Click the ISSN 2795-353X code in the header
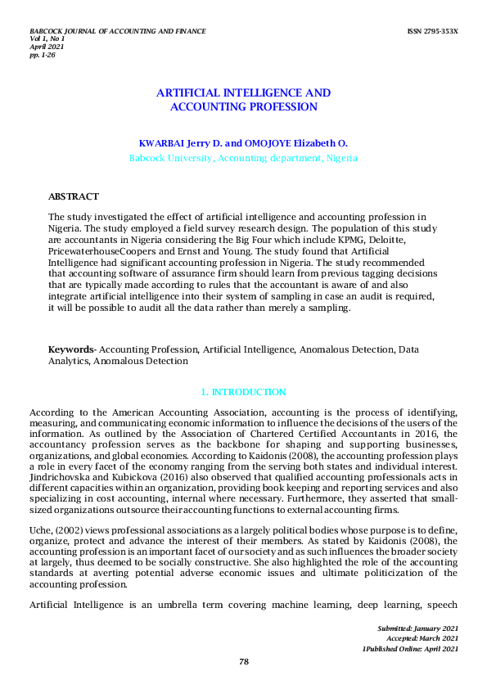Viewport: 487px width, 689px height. click(432, 31)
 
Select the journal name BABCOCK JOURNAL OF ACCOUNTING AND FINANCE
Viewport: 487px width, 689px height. click(117, 31)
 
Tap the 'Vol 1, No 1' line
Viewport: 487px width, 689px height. click(47, 38)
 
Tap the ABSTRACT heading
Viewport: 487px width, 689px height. click(74, 196)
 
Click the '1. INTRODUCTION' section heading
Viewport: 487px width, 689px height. click(243, 393)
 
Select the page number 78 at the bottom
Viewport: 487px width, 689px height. click(243, 662)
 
